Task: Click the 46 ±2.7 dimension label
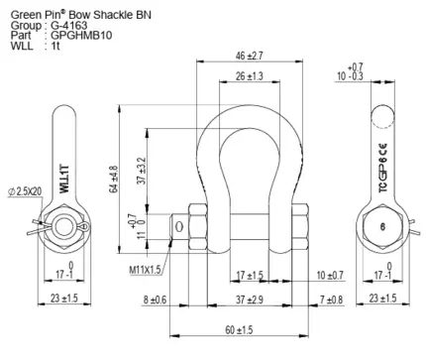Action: pos(250,56)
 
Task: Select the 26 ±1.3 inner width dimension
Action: pos(250,76)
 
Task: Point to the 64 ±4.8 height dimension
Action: pos(114,179)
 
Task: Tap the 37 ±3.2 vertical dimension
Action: pos(142,171)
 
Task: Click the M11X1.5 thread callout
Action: pos(145,270)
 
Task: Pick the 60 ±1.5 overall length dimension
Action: pos(239,329)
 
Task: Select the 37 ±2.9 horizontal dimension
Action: pos(250,300)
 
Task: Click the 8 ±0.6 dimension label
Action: pos(155,300)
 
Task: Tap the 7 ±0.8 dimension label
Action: pos(331,300)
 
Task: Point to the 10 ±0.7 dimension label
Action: pos(330,275)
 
